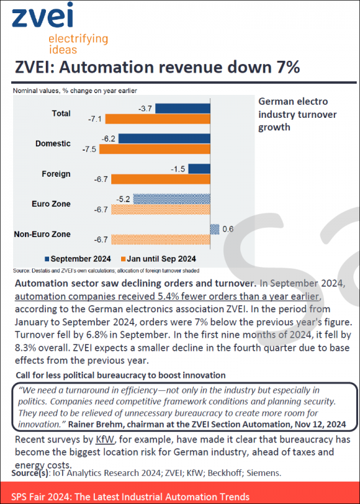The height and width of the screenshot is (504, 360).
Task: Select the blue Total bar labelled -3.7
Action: click(183, 108)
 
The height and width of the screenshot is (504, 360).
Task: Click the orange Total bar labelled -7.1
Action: click(158, 119)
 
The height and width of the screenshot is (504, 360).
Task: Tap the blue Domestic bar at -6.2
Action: click(164, 139)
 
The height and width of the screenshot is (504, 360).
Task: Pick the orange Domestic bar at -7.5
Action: click(154, 149)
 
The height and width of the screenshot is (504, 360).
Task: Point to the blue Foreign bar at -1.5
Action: click(199, 169)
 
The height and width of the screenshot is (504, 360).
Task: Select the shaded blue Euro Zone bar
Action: click(171, 199)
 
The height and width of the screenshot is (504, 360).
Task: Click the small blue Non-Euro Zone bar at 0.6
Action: click(215, 229)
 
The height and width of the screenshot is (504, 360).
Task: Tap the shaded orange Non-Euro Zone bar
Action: click(161, 240)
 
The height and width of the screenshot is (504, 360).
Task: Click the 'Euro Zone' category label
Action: click(51, 204)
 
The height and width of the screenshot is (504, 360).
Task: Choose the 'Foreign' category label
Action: click(56, 174)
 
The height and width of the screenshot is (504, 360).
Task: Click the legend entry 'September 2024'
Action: click(78, 259)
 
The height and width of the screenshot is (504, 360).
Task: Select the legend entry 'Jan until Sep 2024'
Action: click(158, 259)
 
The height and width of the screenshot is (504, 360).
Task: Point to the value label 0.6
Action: click(227, 229)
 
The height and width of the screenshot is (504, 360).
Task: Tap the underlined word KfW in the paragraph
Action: click(104, 439)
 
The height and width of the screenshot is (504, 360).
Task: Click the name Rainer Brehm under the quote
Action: click(96, 424)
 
